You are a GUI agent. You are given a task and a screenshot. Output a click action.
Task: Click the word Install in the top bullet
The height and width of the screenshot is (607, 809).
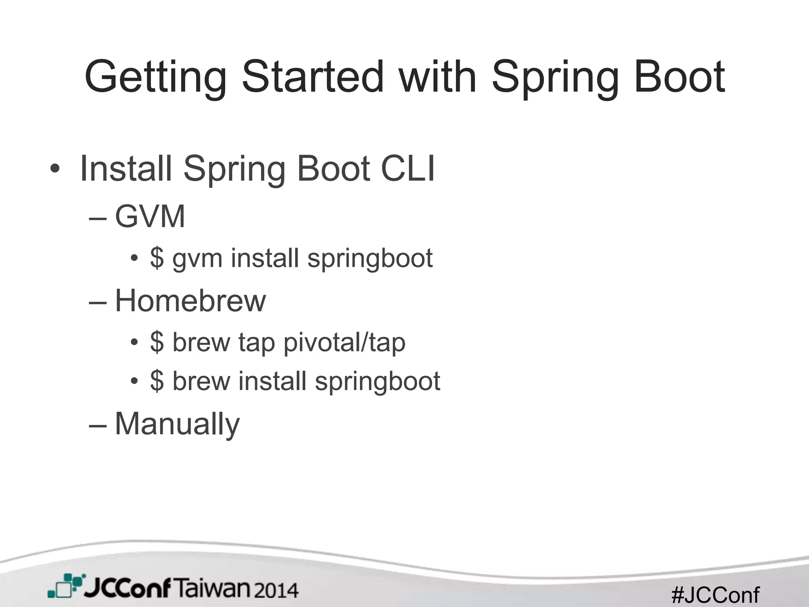tap(126, 169)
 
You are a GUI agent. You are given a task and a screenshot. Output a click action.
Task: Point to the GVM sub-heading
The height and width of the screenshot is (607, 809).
tap(150, 217)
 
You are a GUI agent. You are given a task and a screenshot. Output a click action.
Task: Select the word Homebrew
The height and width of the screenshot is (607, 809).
tap(190, 301)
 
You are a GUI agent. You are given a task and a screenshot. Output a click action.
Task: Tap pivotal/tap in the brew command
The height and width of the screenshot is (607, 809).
tap(344, 342)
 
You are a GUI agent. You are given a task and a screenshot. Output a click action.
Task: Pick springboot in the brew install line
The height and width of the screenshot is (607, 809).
tap(377, 382)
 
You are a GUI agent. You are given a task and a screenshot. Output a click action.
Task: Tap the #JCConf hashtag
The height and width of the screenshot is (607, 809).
tap(715, 594)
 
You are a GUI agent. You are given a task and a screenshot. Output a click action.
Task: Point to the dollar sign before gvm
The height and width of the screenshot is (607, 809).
tap(157, 258)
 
